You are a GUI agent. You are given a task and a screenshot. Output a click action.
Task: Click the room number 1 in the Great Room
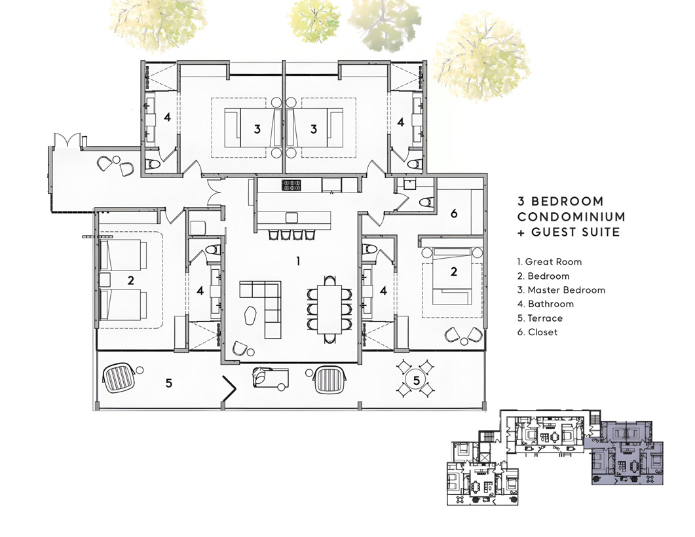click(298, 261)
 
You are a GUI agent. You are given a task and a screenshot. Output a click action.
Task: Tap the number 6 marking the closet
click(454, 213)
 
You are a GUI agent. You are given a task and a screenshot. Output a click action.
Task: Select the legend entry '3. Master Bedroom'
click(561, 290)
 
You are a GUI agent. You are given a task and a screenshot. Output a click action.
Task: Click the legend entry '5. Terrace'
click(540, 318)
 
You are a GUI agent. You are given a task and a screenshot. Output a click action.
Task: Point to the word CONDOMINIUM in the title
click(571, 217)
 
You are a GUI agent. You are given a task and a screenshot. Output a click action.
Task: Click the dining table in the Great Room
click(329, 310)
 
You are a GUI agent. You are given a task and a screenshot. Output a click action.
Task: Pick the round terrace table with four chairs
click(416, 379)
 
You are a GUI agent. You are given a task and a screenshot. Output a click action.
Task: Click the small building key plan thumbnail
click(555, 458)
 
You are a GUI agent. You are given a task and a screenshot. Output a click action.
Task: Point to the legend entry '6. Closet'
click(537, 332)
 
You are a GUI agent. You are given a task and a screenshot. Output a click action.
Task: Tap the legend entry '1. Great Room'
click(549, 262)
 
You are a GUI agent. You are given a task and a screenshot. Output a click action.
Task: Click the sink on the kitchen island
click(291, 217)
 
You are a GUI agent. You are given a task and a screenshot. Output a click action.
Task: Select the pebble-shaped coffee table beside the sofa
click(252, 314)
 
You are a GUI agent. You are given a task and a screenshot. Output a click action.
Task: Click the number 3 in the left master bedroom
click(257, 130)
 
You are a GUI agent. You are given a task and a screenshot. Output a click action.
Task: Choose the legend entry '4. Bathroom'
click(545, 304)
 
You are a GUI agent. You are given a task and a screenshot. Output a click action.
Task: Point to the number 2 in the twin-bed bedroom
click(131, 280)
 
